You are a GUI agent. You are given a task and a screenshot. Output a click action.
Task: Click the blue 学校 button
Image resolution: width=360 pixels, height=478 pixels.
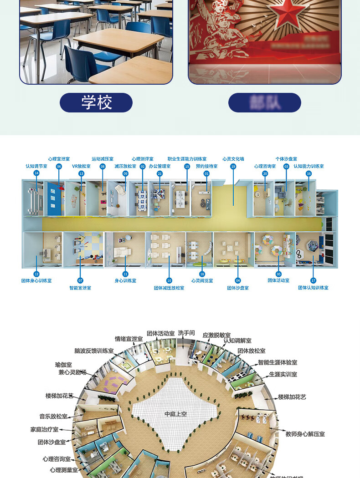pyautogui.click(x=96, y=102)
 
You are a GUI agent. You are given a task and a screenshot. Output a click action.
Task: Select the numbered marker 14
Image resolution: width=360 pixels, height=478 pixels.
pyautogui.click(x=36, y=173)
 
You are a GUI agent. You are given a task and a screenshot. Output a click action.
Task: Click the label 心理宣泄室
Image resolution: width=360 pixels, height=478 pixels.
pyautogui.click(x=59, y=159)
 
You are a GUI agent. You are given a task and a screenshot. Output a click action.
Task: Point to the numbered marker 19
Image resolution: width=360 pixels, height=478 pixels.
pyautogui.click(x=233, y=167)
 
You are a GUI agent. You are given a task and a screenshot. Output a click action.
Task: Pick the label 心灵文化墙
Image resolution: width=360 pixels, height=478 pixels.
pyautogui.click(x=233, y=159)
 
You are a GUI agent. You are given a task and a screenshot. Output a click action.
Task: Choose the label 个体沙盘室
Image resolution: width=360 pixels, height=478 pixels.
pyautogui.click(x=286, y=159)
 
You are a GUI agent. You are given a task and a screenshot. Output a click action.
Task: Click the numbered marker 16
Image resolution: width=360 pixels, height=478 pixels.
pyautogui.click(x=309, y=173)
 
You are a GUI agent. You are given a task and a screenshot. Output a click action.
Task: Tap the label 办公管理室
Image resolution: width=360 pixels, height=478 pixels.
pyautogui.click(x=159, y=166)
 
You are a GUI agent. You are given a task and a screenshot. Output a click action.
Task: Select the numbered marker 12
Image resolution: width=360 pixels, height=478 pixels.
pyautogui.click(x=36, y=274)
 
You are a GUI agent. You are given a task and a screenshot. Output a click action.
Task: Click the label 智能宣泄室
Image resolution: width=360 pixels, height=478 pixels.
pyautogui.click(x=80, y=288)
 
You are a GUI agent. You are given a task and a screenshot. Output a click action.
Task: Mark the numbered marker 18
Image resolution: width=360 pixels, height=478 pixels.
pyautogui.click(x=202, y=274)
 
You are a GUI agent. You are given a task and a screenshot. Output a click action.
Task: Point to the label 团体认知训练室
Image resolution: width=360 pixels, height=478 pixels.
pyautogui.click(x=313, y=288)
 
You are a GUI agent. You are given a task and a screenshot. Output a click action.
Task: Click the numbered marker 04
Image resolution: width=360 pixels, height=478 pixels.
pyautogui.click(x=238, y=280)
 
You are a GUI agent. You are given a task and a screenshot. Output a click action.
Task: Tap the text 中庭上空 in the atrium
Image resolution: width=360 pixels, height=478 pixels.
pyautogui.click(x=176, y=414)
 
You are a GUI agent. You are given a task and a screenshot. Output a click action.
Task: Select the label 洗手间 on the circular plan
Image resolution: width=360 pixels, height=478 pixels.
pyautogui.click(x=186, y=333)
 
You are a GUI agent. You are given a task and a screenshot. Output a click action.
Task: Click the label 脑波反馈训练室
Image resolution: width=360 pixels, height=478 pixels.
pyautogui.click(x=94, y=351)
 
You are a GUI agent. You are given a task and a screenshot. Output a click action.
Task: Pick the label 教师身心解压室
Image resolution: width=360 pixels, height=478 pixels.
pyautogui.click(x=305, y=434)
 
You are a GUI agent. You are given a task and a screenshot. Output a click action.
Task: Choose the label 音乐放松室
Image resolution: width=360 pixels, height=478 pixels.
pyautogui.click(x=53, y=416)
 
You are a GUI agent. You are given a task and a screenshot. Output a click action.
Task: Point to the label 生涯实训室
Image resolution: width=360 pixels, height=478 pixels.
pyautogui.click(x=283, y=374)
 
